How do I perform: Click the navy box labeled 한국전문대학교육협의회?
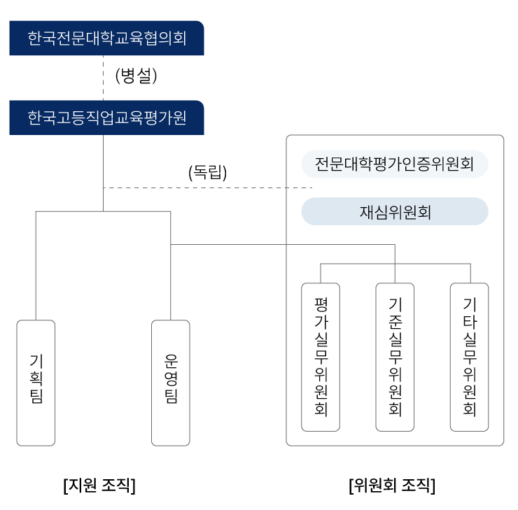106,38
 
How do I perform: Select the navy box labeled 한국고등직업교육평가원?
106,118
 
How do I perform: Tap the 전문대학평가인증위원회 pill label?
394,164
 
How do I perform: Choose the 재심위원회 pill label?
394,212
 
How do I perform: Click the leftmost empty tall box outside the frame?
36,383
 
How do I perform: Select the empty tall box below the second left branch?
171,383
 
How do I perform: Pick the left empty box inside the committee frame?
321,357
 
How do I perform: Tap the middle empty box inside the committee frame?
395,357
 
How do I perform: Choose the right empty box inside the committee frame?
469,357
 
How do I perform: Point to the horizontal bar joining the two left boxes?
103,211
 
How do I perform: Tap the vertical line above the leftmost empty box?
36,266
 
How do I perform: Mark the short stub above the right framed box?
470,274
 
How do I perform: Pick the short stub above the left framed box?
321,274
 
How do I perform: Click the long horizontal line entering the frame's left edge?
231,245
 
